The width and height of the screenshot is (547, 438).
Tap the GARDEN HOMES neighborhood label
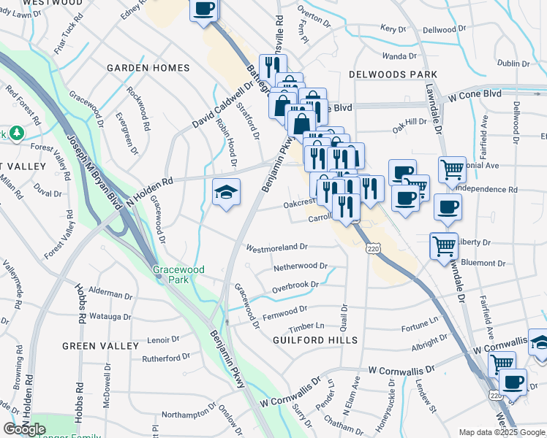point(148,68)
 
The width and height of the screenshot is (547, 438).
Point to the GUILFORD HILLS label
point(315,340)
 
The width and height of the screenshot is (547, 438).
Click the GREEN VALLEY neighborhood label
point(100,345)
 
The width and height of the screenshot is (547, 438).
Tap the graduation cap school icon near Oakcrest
point(226,193)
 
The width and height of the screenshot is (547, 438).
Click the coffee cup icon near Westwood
point(205,10)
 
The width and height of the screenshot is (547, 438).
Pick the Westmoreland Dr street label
point(277,247)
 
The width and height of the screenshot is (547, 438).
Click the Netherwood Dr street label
point(300,266)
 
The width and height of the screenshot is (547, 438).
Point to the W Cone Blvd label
point(475,95)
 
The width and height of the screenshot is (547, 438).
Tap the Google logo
point(24,429)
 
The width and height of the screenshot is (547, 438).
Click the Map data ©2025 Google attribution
point(501,432)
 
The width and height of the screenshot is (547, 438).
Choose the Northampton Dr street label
point(185,414)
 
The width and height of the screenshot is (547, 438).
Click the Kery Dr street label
point(393,29)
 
